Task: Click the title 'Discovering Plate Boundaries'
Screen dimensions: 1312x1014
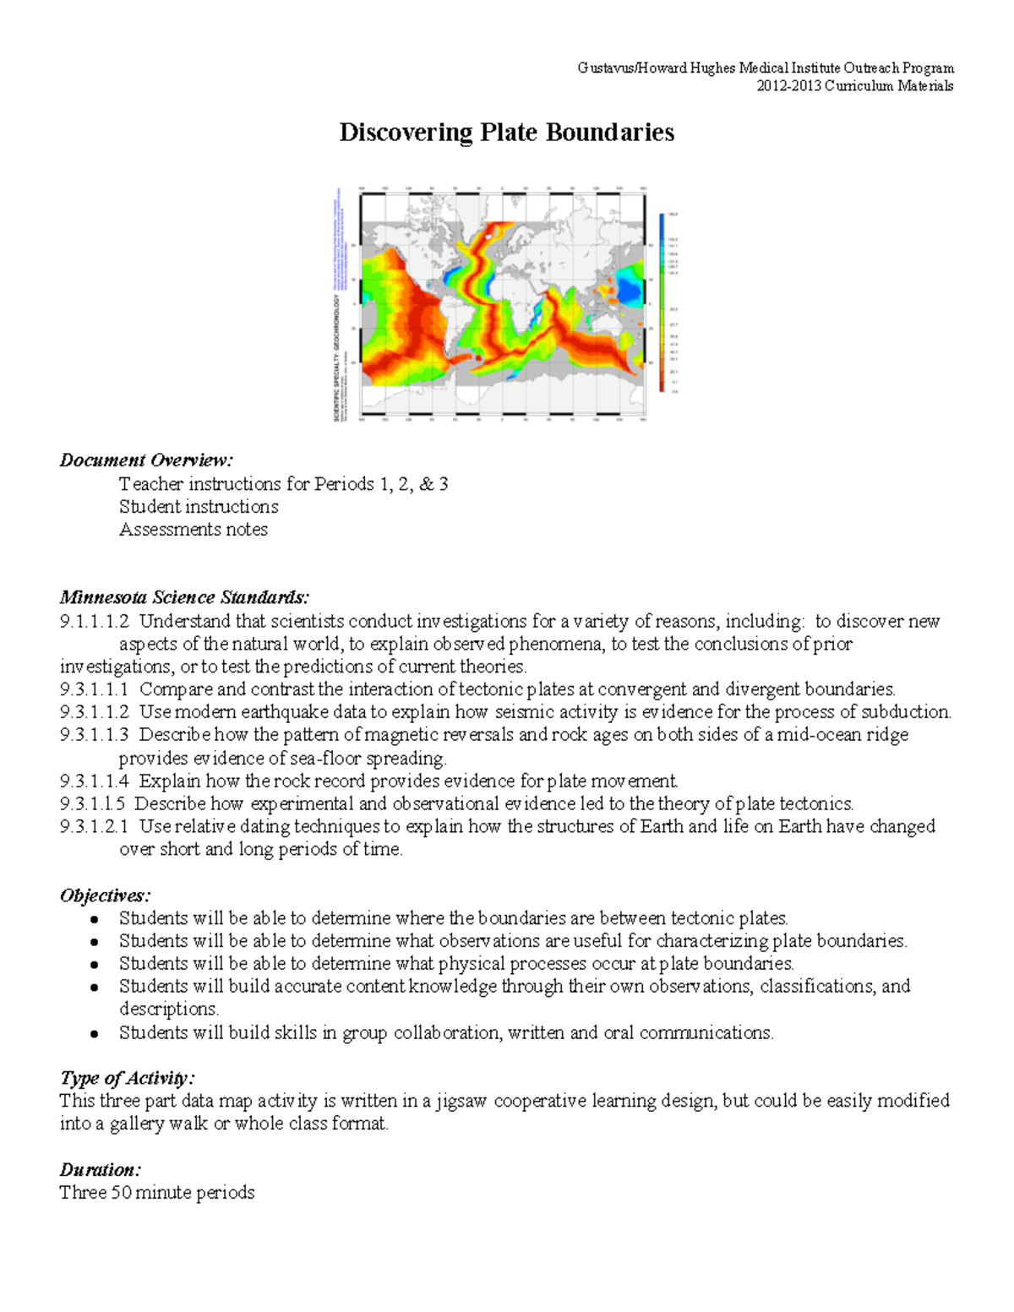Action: (506, 133)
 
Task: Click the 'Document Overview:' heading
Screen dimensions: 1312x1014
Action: (145, 460)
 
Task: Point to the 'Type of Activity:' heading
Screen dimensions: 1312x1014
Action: (127, 1078)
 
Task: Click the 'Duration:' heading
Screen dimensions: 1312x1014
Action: (100, 1170)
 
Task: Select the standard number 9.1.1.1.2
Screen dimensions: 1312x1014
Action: (95, 622)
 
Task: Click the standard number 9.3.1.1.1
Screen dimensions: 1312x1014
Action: (95, 689)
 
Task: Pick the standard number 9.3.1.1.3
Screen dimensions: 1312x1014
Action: (95, 735)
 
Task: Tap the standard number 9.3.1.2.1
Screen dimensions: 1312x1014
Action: (95, 826)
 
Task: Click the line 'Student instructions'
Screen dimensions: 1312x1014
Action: (199, 507)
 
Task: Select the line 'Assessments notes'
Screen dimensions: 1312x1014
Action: (194, 530)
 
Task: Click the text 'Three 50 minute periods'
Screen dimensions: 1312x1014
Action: (157, 1193)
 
